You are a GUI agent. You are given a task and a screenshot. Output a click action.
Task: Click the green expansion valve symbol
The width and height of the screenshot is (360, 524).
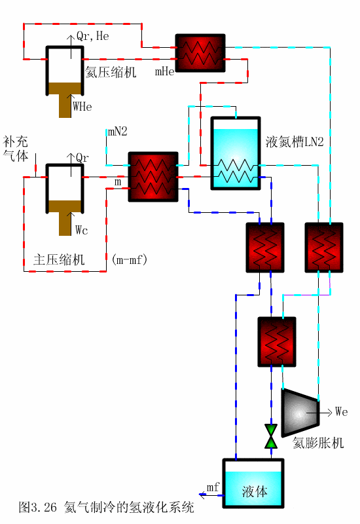[270, 436]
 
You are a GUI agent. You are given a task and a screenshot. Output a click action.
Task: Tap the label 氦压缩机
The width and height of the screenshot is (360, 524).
[111, 73]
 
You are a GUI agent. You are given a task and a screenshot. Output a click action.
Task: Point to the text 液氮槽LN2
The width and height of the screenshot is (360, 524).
[295, 142]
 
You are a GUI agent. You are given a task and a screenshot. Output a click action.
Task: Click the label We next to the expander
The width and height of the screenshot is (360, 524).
[341, 412]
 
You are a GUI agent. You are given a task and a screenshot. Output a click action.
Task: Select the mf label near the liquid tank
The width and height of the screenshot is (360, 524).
[213, 487]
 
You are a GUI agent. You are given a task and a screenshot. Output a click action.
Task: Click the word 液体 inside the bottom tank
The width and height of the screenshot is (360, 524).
[254, 491]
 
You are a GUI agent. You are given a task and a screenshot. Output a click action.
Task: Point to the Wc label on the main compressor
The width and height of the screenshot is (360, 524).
[81, 230]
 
